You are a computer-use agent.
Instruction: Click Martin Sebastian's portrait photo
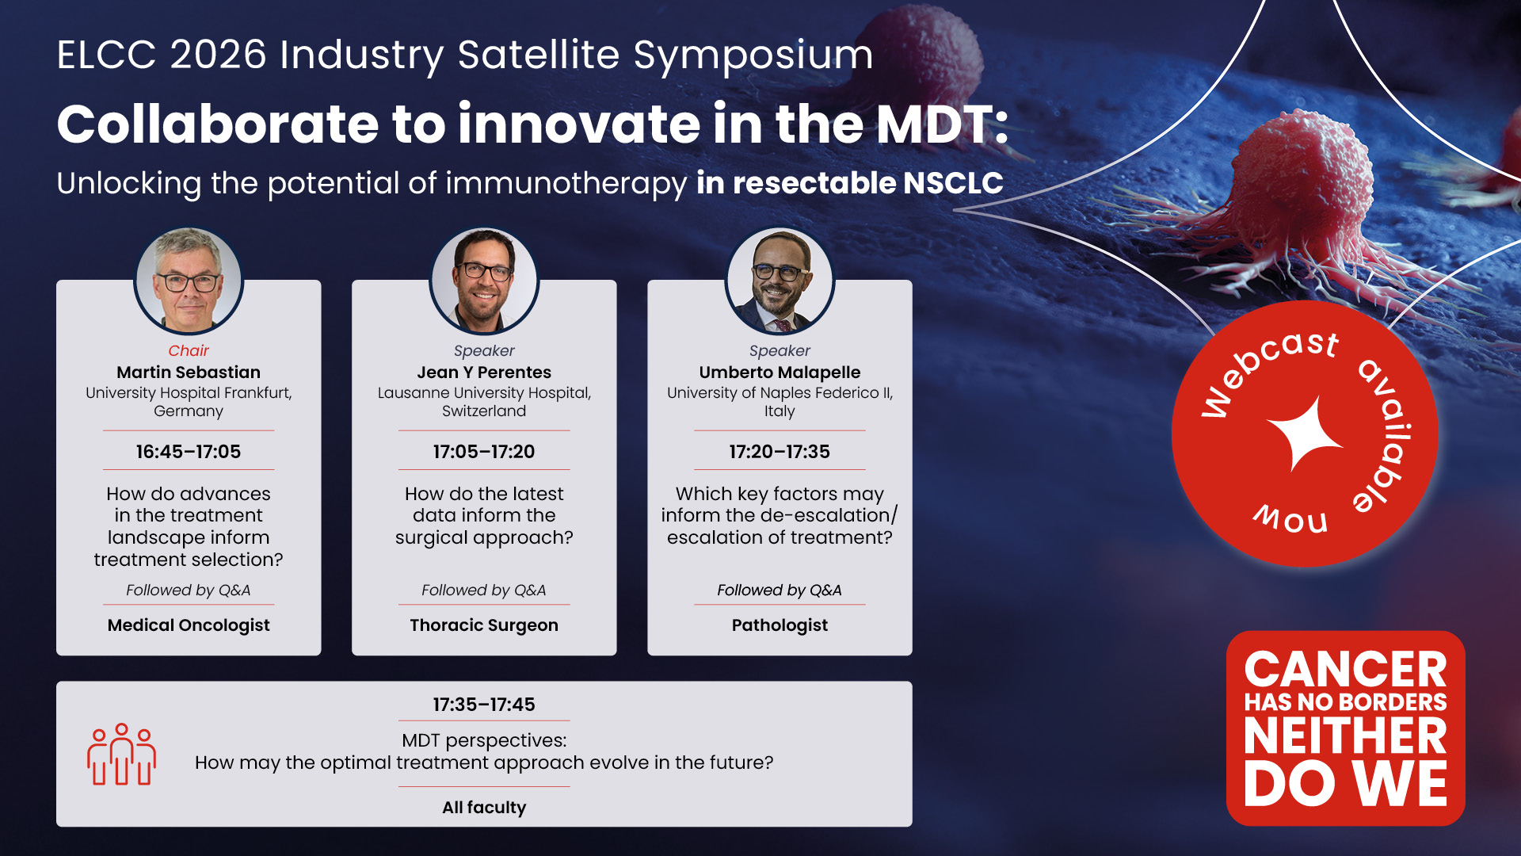[x=189, y=281]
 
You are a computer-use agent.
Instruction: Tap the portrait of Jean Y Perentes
[x=484, y=281]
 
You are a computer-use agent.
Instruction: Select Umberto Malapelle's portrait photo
[x=780, y=281]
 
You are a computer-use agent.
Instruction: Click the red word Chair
[x=189, y=350]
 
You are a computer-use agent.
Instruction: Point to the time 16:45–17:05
[x=189, y=452]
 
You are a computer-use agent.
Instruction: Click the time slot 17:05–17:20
[x=484, y=452]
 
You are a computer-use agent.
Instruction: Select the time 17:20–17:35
[x=780, y=452]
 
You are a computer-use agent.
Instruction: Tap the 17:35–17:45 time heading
[x=484, y=705]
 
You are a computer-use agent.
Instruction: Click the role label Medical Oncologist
[x=189, y=625]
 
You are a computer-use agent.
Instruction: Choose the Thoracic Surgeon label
[x=484, y=625]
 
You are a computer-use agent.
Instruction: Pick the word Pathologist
[x=780, y=625]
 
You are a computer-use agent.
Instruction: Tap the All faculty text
[x=484, y=808]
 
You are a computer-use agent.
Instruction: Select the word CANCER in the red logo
[x=1345, y=670]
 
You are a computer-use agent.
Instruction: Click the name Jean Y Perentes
[x=484, y=373]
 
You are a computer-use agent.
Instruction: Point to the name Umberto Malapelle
[x=780, y=373]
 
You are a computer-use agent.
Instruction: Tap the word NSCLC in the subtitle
[x=953, y=183]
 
